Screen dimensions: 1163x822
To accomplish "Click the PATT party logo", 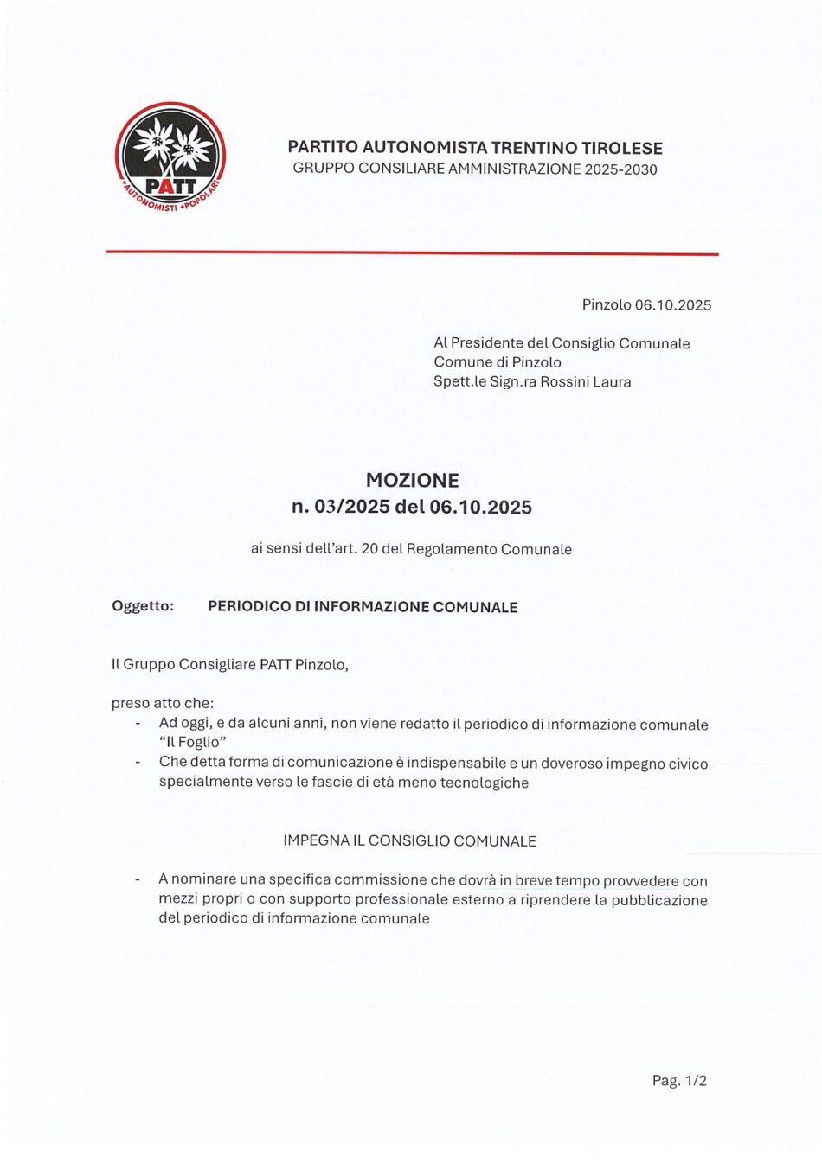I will (170, 158).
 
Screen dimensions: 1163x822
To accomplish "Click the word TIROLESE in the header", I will (620, 148).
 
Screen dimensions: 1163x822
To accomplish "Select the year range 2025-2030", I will (620, 169).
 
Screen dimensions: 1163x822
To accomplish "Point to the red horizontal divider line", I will (412, 253).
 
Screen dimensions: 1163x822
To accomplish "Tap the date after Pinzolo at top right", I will (672, 304).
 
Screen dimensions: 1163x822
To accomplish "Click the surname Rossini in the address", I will (565, 381).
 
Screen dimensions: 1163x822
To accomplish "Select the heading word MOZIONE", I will (412, 480).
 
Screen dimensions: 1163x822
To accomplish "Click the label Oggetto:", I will (143, 606).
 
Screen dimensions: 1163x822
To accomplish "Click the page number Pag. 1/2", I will (679, 1080).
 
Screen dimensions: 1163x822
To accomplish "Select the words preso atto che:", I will (162, 703).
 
